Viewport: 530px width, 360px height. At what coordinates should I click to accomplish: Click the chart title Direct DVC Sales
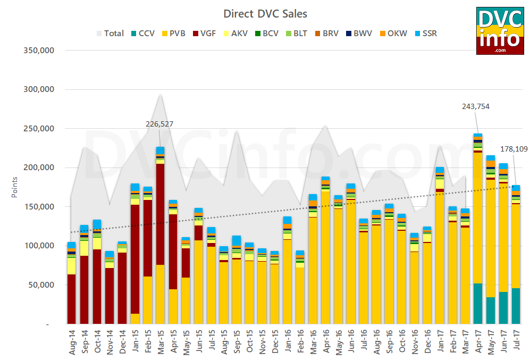[265, 13]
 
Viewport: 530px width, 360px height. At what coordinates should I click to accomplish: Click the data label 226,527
[159, 124]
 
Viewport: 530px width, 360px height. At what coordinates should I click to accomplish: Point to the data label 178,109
[514, 149]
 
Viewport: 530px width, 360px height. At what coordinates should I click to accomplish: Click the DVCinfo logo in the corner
[500, 30]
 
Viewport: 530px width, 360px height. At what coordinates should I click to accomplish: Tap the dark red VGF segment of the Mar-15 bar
[160, 213]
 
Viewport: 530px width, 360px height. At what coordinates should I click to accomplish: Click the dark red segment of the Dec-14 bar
[122, 287]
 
